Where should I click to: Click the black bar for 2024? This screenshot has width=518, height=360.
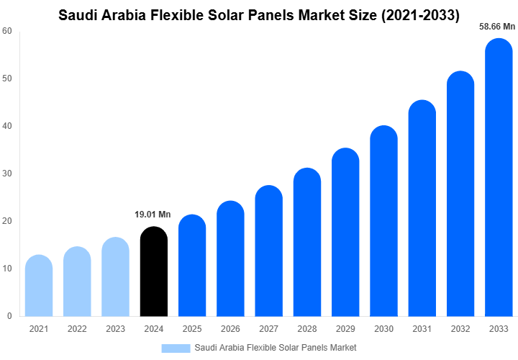coord(153,271)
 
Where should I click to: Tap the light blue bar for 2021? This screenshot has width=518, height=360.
coord(38,286)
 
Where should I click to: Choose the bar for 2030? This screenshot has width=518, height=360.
coord(383,221)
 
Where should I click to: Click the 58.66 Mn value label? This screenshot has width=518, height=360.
coord(497,27)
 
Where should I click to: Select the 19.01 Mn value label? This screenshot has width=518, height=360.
coord(153,215)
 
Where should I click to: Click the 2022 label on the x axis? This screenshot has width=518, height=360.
coord(77,329)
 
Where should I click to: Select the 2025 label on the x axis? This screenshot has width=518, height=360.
coord(192,329)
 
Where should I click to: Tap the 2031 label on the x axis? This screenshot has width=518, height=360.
coord(422,329)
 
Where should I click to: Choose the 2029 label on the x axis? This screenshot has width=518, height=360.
coord(345,329)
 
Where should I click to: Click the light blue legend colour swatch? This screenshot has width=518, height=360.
coord(176,348)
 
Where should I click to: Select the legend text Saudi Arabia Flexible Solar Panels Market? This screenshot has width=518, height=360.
coord(275,348)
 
